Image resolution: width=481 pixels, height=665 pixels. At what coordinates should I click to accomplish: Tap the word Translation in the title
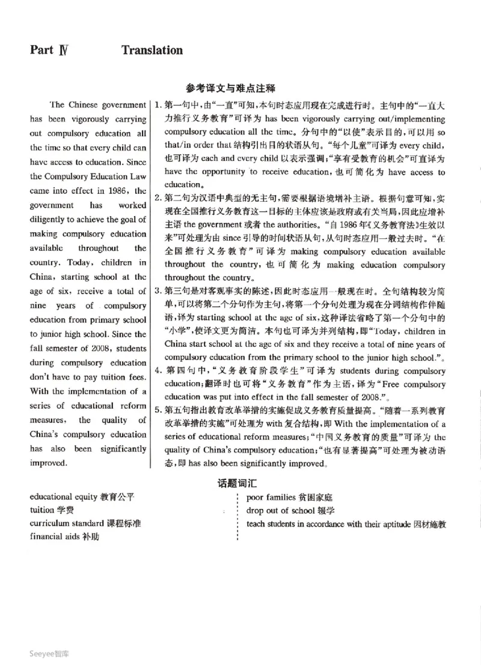pyautogui.click(x=152, y=50)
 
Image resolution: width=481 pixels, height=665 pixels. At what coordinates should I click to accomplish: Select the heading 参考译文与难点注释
pyautogui.click(x=239, y=88)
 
